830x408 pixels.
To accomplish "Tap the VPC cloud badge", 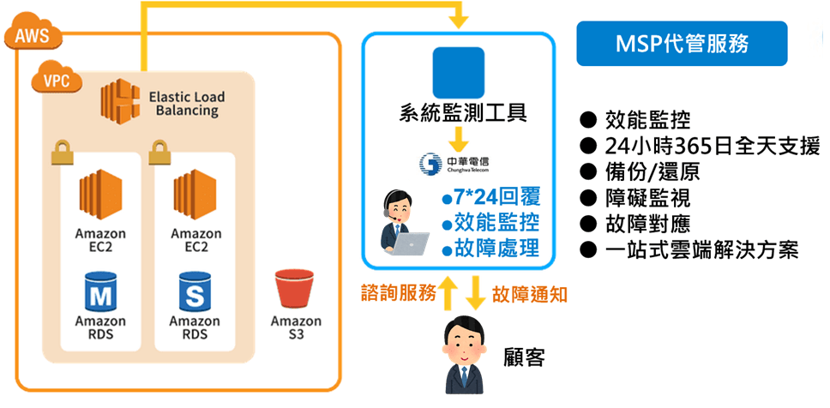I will (57, 80).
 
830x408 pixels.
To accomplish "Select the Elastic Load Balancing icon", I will (119, 99).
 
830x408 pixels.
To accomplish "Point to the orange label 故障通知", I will (529, 294).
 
